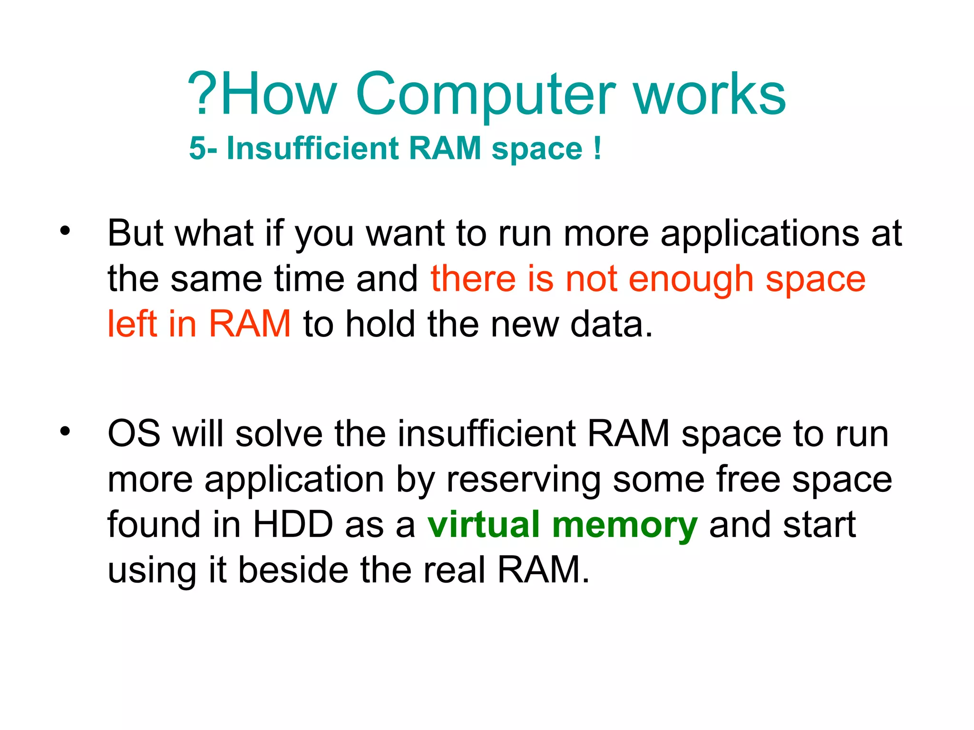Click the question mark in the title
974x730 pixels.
[202, 94]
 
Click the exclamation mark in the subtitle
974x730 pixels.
[597, 148]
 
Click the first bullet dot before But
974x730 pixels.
[65, 231]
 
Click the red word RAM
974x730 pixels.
[250, 324]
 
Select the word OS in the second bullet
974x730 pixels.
[134, 433]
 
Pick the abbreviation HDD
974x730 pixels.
[293, 525]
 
